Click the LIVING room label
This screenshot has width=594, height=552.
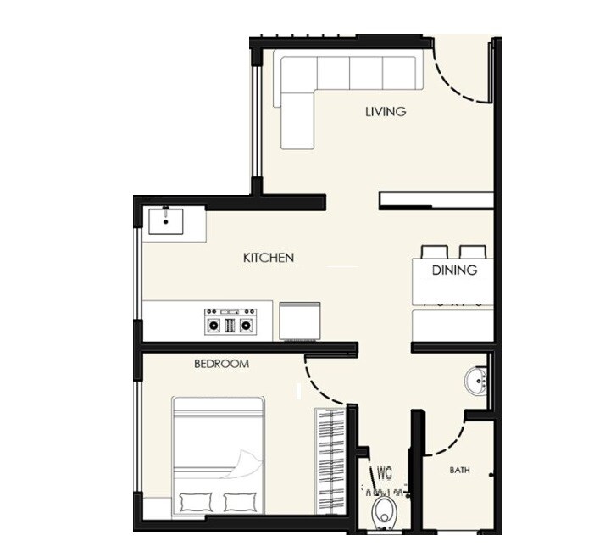coord(386,111)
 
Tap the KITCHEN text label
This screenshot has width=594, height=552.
coord(269,257)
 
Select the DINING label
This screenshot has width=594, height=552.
coord(454,270)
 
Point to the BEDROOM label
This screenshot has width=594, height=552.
coord(221,364)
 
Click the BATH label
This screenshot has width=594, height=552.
coord(459,470)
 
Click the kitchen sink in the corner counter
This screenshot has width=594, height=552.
coord(166,221)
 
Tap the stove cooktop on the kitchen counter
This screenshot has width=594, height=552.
coord(230,321)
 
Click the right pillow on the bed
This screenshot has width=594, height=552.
coord(244,501)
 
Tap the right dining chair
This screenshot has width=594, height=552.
coord(472,252)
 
